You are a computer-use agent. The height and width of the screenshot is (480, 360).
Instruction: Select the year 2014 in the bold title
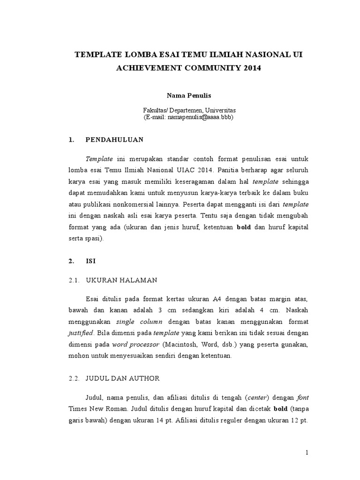[248, 68]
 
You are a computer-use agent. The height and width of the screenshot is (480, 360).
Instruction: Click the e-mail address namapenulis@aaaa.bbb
[197, 117]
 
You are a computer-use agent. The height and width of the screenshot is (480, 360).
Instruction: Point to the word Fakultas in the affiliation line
[155, 110]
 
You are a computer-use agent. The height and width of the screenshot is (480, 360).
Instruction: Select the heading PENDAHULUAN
[114, 140]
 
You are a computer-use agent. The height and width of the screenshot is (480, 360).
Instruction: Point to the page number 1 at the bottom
[307, 453]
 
